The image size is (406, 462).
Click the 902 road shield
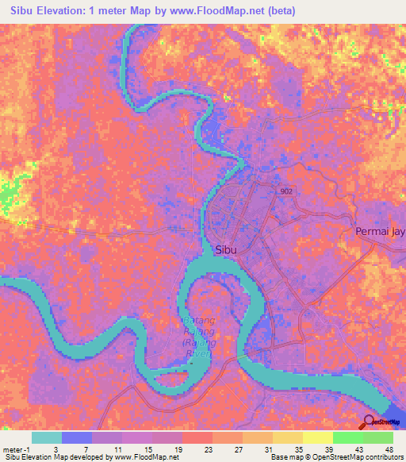coord(285,192)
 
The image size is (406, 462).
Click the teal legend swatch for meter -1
coord(46,437)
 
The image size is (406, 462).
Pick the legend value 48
coord(388,449)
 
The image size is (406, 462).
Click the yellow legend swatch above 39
coord(317,437)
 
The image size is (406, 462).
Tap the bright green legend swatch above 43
coord(347,437)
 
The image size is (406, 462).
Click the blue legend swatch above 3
coord(76,437)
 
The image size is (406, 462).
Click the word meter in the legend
coord(11,449)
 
